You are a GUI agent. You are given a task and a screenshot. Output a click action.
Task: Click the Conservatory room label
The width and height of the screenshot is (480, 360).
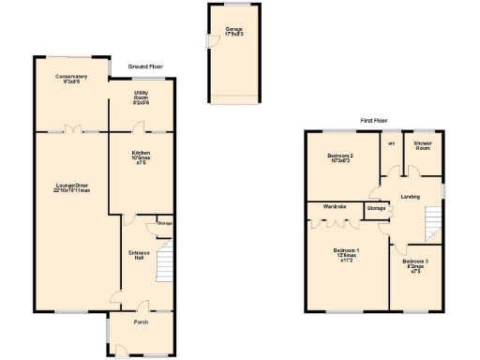[x=71, y=79]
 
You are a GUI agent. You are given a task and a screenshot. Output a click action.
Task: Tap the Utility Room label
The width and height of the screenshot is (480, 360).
[x=141, y=97]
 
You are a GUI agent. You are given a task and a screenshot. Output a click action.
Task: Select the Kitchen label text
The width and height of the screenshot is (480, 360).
[x=141, y=160]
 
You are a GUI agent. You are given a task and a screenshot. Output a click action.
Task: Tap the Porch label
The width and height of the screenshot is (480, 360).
[x=140, y=322]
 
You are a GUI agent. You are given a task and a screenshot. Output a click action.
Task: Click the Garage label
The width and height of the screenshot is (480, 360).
[x=233, y=31]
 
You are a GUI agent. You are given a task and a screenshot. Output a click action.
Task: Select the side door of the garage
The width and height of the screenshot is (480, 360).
[x=209, y=41]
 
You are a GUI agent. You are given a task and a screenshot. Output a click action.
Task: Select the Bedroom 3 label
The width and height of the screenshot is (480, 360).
[x=415, y=265]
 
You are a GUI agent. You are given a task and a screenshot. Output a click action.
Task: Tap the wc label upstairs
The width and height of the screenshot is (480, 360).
[x=390, y=143]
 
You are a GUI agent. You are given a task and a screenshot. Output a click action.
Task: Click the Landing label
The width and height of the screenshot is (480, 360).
[x=410, y=195]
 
